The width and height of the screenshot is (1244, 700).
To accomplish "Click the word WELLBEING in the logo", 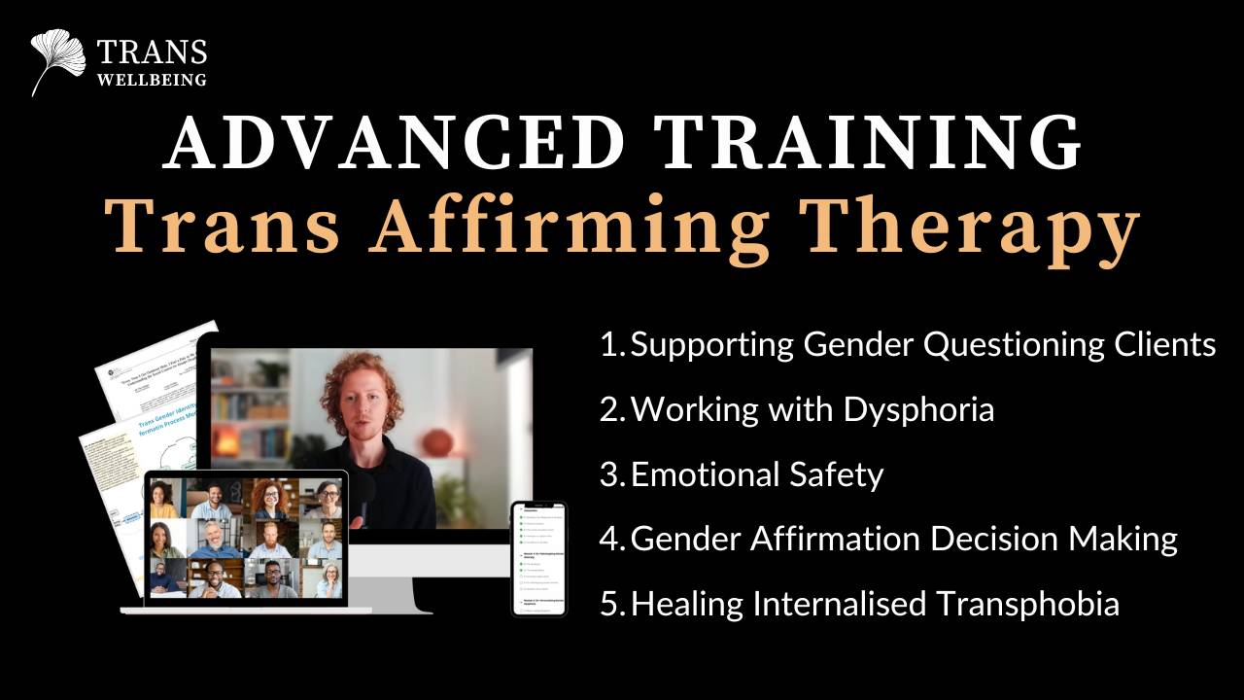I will coord(152,81).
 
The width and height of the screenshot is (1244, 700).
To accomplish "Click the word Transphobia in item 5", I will coord(1027,604).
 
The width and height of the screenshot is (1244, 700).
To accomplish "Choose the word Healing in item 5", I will coord(688,604).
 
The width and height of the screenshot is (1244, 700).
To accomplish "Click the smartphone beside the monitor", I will coord(538,558).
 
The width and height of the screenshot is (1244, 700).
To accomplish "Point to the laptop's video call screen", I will coord(245,538).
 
